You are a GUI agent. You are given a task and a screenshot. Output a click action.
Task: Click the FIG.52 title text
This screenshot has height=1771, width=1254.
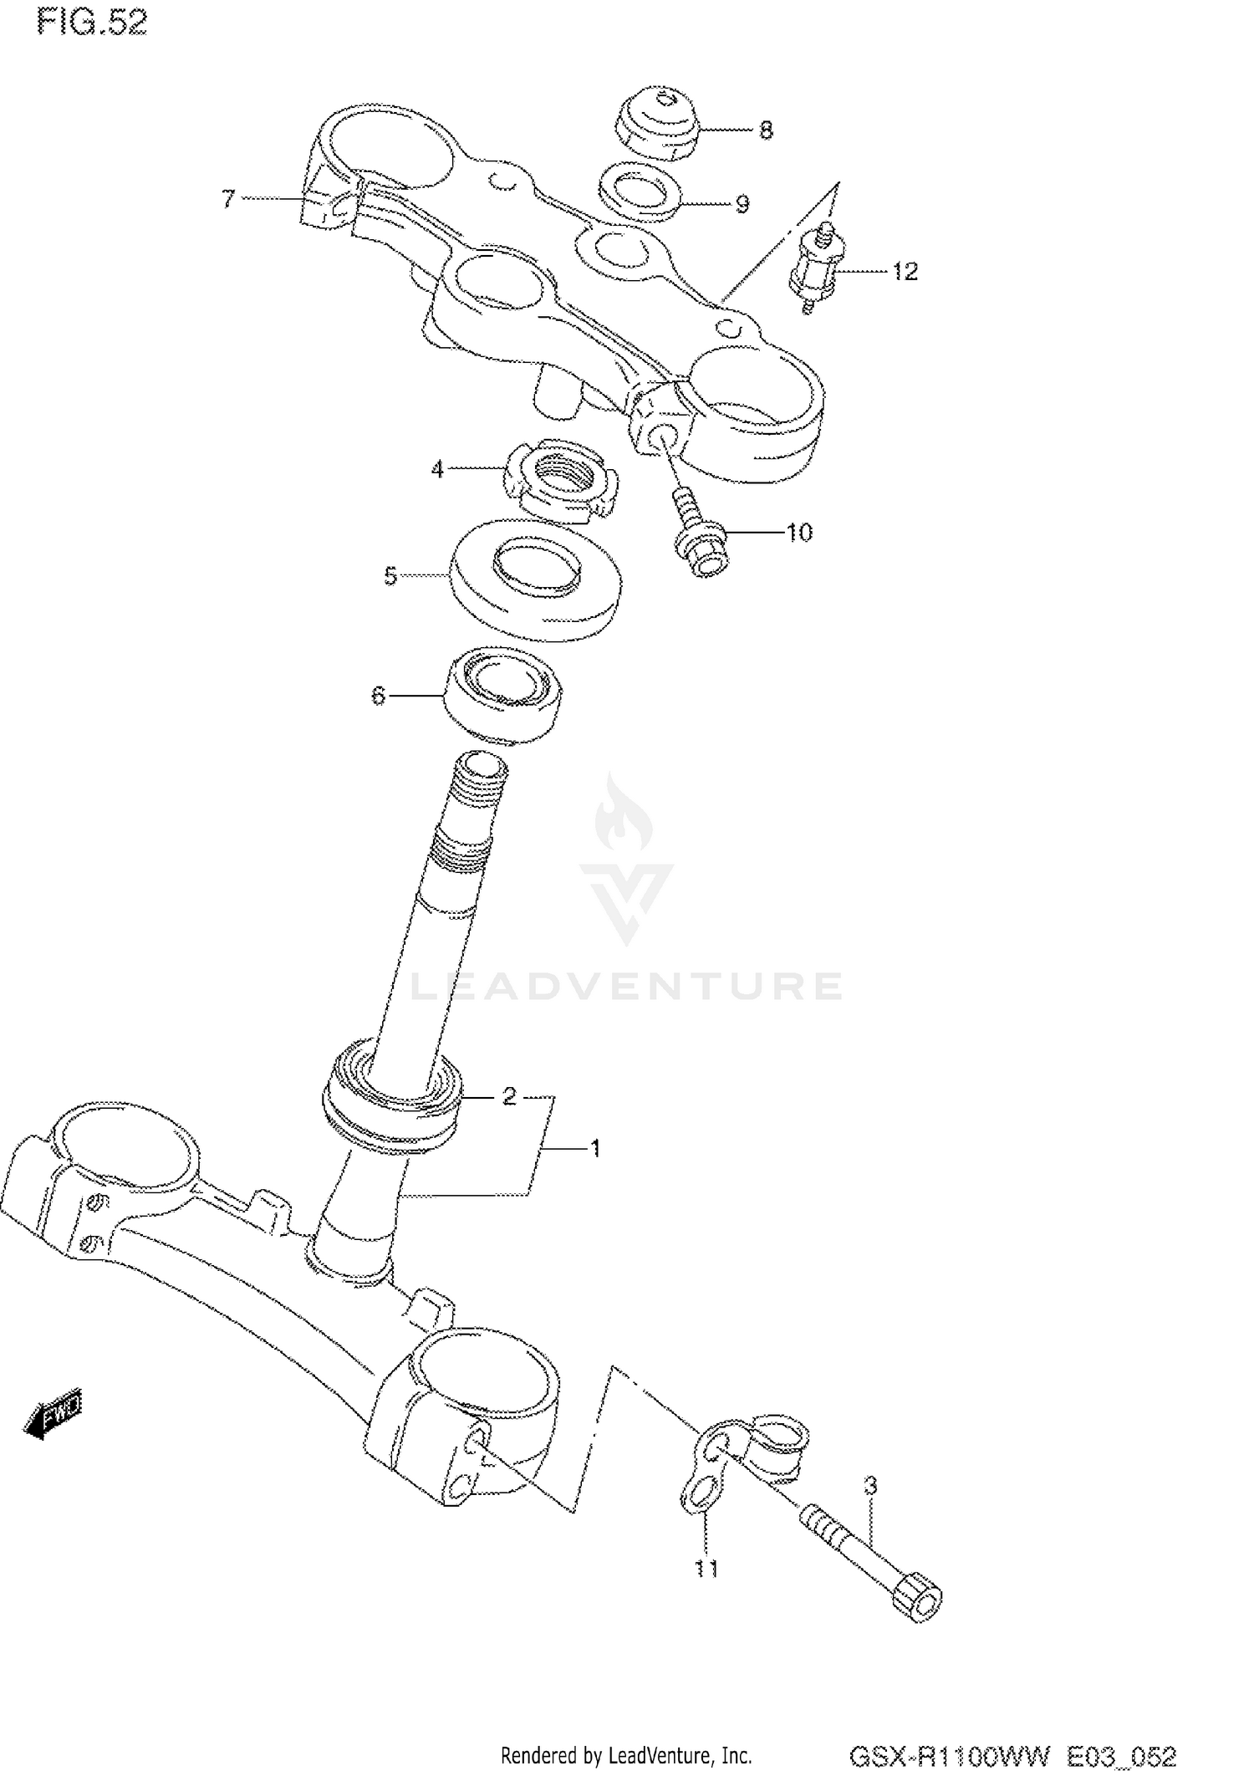tap(92, 23)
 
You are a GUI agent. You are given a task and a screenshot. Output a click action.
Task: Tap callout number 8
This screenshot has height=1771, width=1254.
tap(766, 130)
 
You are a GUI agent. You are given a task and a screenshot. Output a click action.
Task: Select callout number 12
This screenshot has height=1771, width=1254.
tap(905, 272)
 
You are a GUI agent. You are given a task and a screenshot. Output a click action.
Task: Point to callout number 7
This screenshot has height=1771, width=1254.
tap(228, 199)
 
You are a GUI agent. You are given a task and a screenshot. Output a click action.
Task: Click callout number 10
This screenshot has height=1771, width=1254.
tap(799, 533)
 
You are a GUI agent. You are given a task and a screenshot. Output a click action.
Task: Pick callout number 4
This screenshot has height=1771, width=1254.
tap(437, 470)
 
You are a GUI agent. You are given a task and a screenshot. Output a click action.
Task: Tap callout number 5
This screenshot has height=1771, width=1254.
tap(390, 576)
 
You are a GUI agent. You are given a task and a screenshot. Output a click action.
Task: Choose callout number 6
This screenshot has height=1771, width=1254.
tap(378, 695)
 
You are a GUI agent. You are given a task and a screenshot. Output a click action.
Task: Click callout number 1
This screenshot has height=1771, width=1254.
tap(595, 1149)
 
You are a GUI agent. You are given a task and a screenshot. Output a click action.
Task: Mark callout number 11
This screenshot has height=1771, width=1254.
tap(706, 1569)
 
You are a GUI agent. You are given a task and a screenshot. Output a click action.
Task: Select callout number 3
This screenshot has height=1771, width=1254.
tap(870, 1486)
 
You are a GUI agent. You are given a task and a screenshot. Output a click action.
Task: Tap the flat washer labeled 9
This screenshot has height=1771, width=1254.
tap(640, 192)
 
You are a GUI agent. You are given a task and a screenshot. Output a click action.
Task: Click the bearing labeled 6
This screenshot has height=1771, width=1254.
tap(502, 693)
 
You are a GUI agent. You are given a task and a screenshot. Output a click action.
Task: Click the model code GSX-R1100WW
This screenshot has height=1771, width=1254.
tap(949, 1753)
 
